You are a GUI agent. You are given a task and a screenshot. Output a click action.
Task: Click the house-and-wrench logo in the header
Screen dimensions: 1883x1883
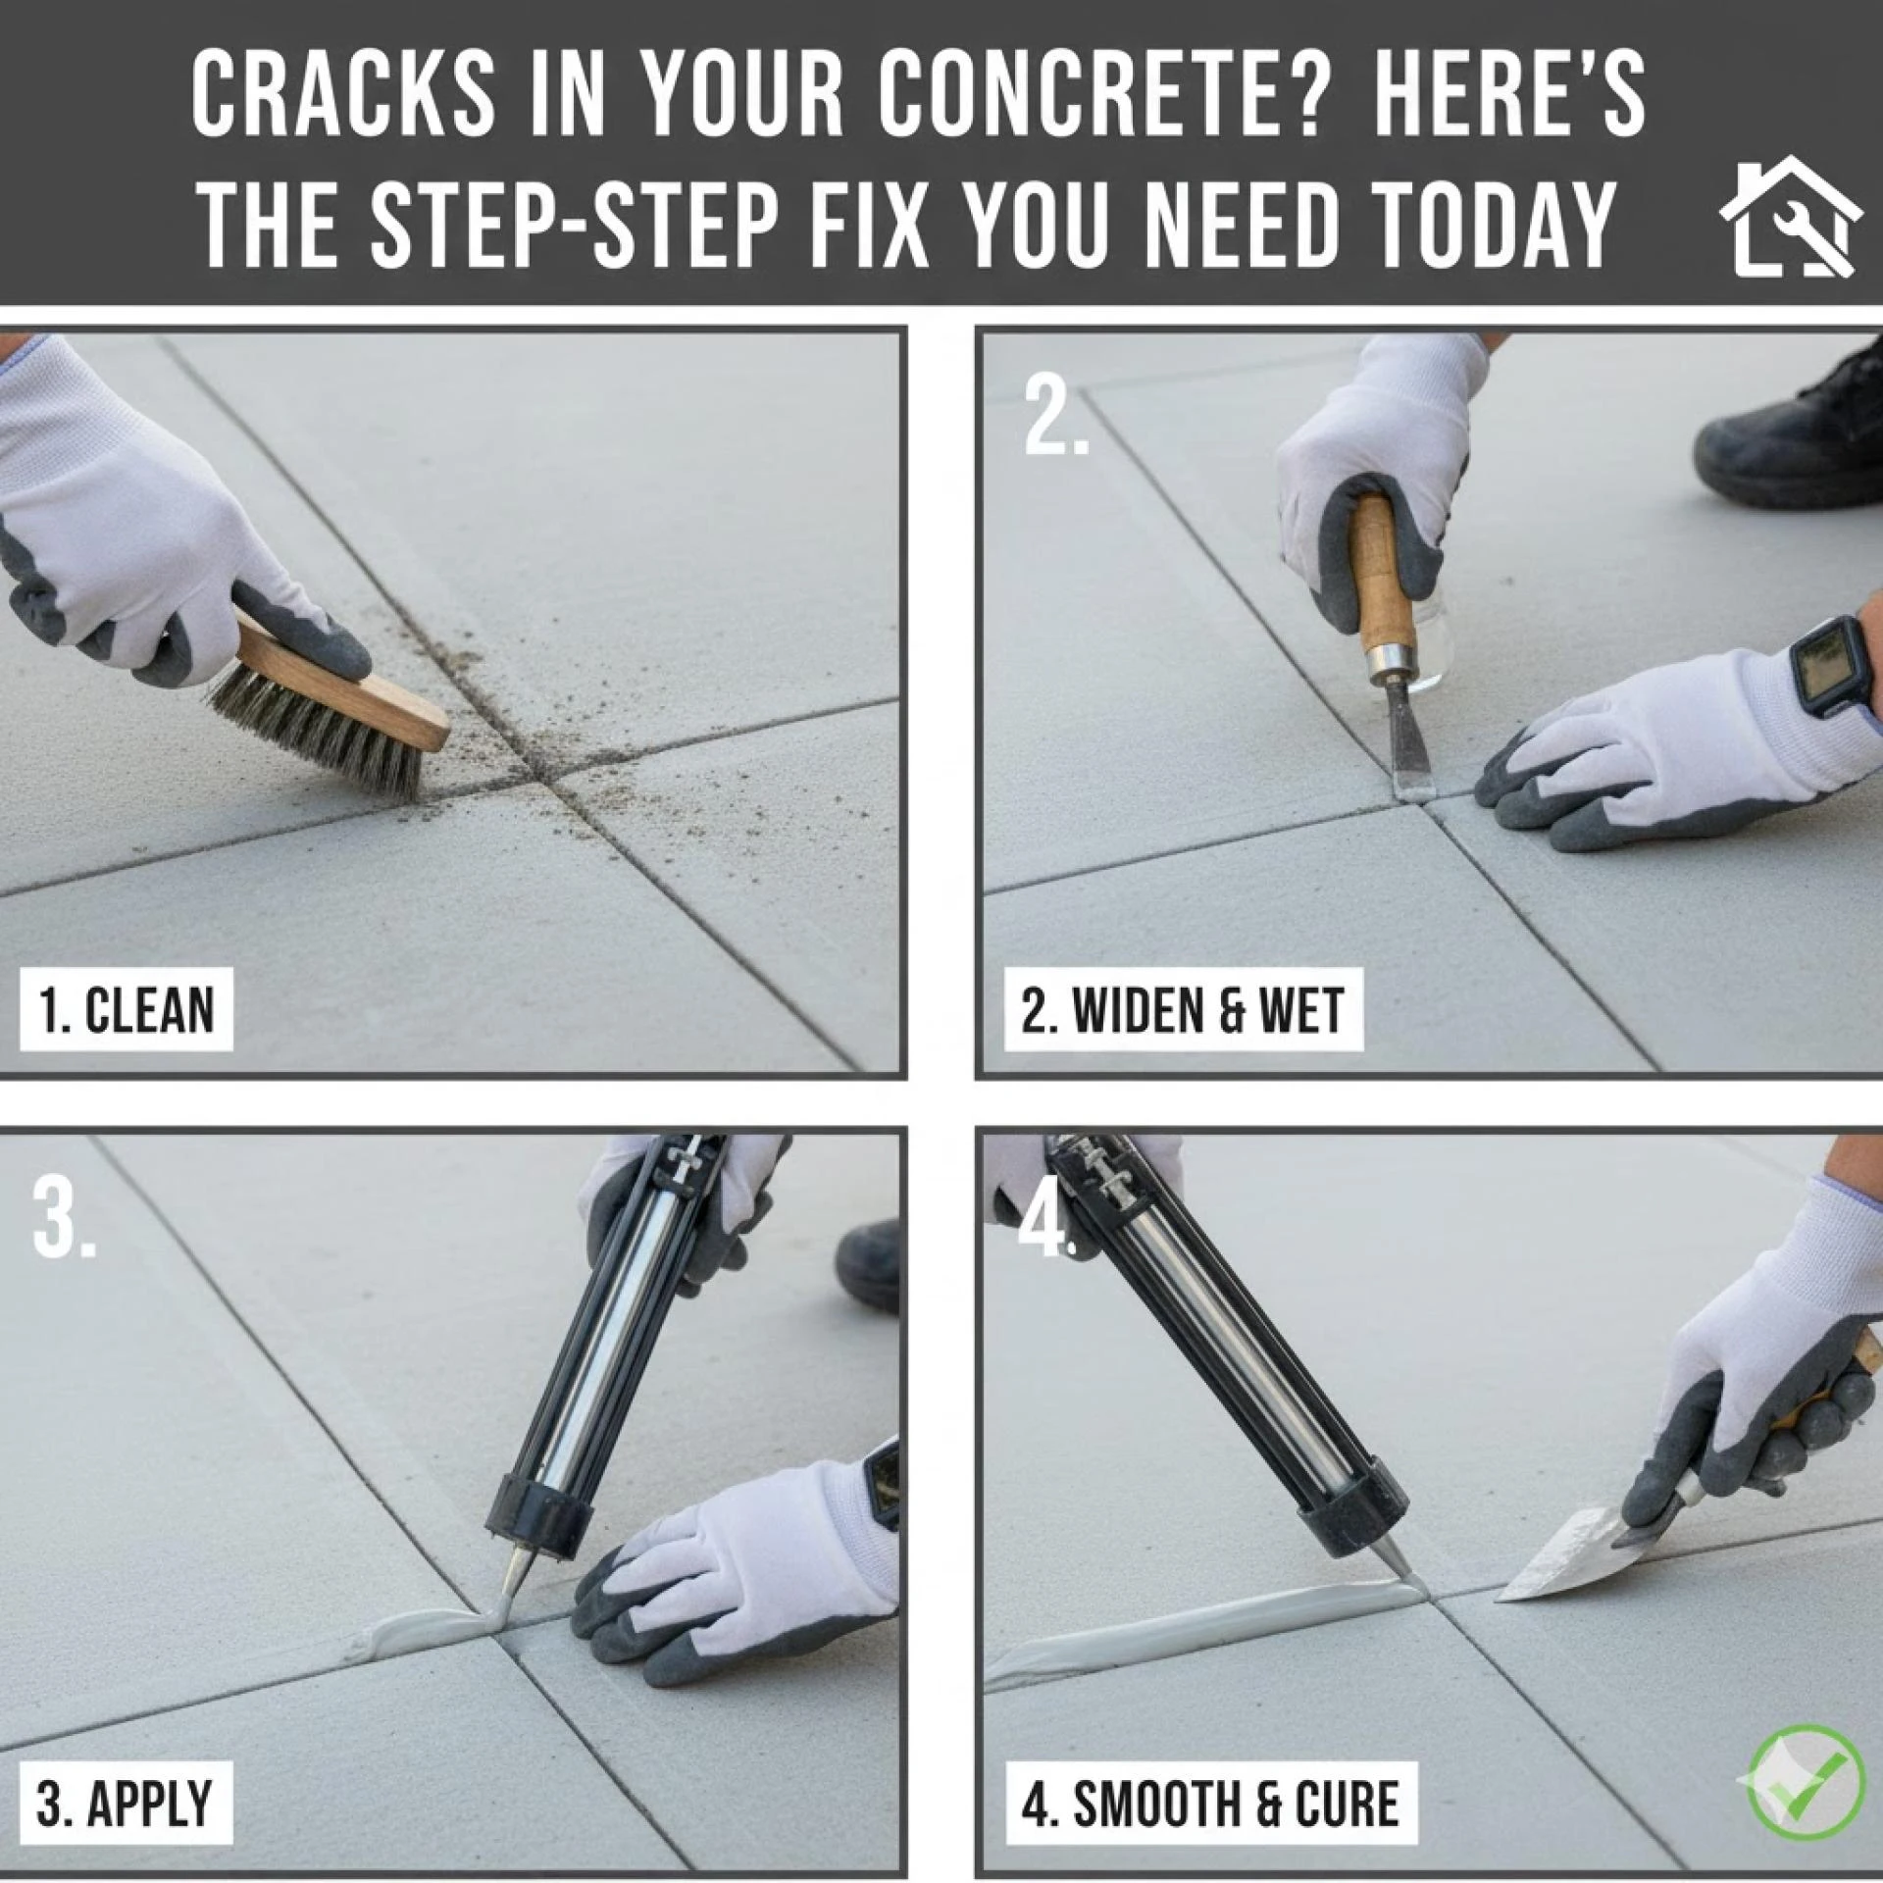(x=1789, y=218)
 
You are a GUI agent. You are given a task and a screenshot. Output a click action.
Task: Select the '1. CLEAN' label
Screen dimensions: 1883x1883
(x=127, y=1010)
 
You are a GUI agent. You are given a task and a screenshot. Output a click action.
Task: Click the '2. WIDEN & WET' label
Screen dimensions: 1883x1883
(x=1183, y=1010)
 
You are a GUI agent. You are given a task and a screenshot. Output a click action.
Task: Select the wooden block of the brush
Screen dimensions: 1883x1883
(x=343, y=677)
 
